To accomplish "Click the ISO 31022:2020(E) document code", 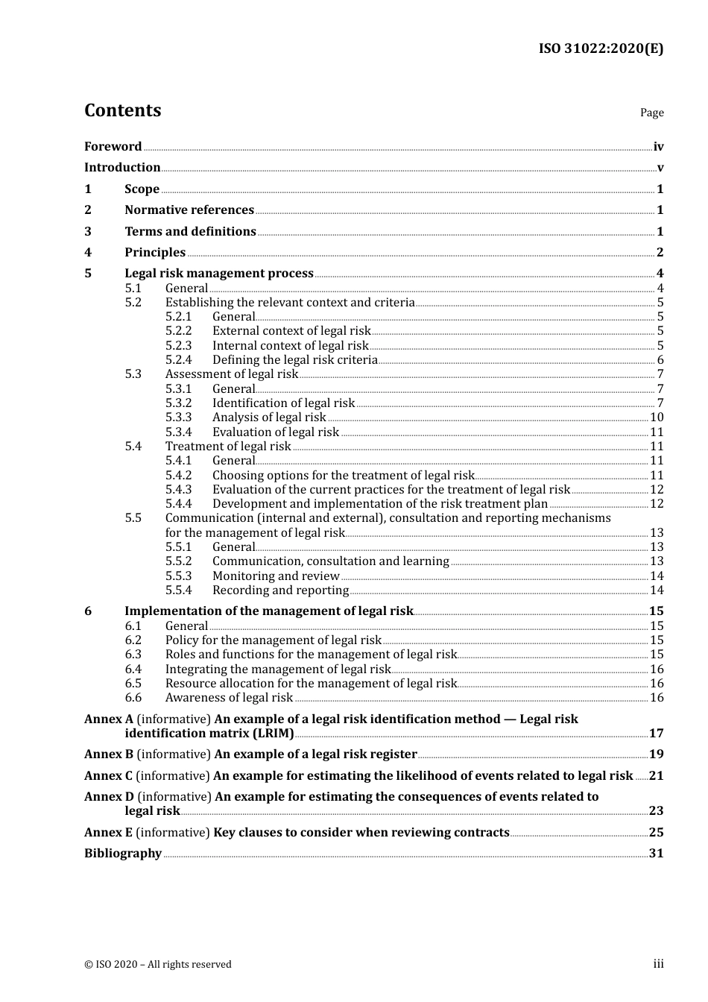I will coord(601,48).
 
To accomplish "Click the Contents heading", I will coord(122,110).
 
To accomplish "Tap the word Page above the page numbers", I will coord(651,113).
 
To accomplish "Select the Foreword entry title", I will coord(113,147).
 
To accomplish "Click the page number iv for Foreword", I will coord(658,147).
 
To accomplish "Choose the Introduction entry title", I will coord(122,168).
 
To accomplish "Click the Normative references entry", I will coord(189,210).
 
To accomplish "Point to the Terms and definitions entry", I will coord(190,232).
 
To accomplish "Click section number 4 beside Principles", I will coord(88,253).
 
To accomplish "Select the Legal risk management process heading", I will coord(219,274).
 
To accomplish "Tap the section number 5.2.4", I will coord(178,360).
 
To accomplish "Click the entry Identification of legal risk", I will coord(283,403).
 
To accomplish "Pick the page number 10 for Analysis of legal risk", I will coord(657,417).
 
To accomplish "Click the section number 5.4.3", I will coord(178,490).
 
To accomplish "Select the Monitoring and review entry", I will coord(276,576).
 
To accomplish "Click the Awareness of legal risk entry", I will coord(229,698).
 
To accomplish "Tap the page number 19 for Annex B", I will coord(656,754).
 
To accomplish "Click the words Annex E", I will coord(108,833).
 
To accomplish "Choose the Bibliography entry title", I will coord(123,854).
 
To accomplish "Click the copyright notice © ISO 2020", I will coord(157,965).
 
